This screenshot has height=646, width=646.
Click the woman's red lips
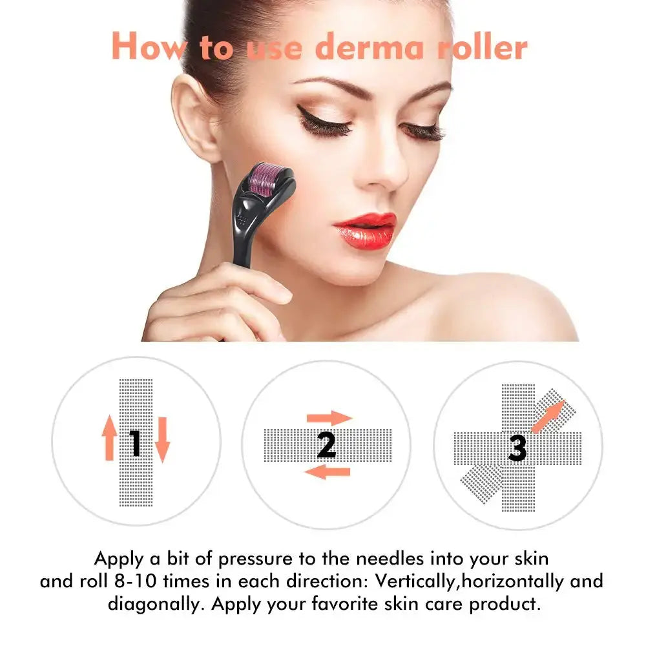tap(364, 229)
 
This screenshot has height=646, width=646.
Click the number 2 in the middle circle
tap(327, 444)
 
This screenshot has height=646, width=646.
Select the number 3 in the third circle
tap(517, 448)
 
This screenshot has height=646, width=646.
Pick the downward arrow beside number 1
tap(161, 439)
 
